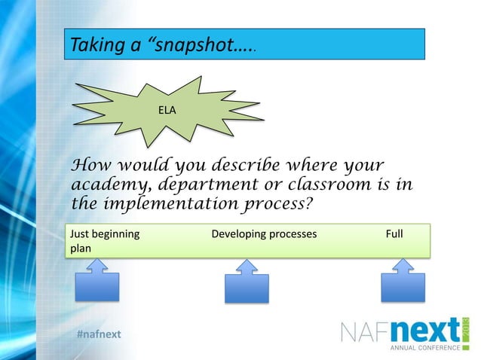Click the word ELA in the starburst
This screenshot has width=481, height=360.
pyautogui.click(x=166, y=111)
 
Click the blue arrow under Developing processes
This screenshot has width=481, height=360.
pyautogui.click(x=247, y=282)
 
